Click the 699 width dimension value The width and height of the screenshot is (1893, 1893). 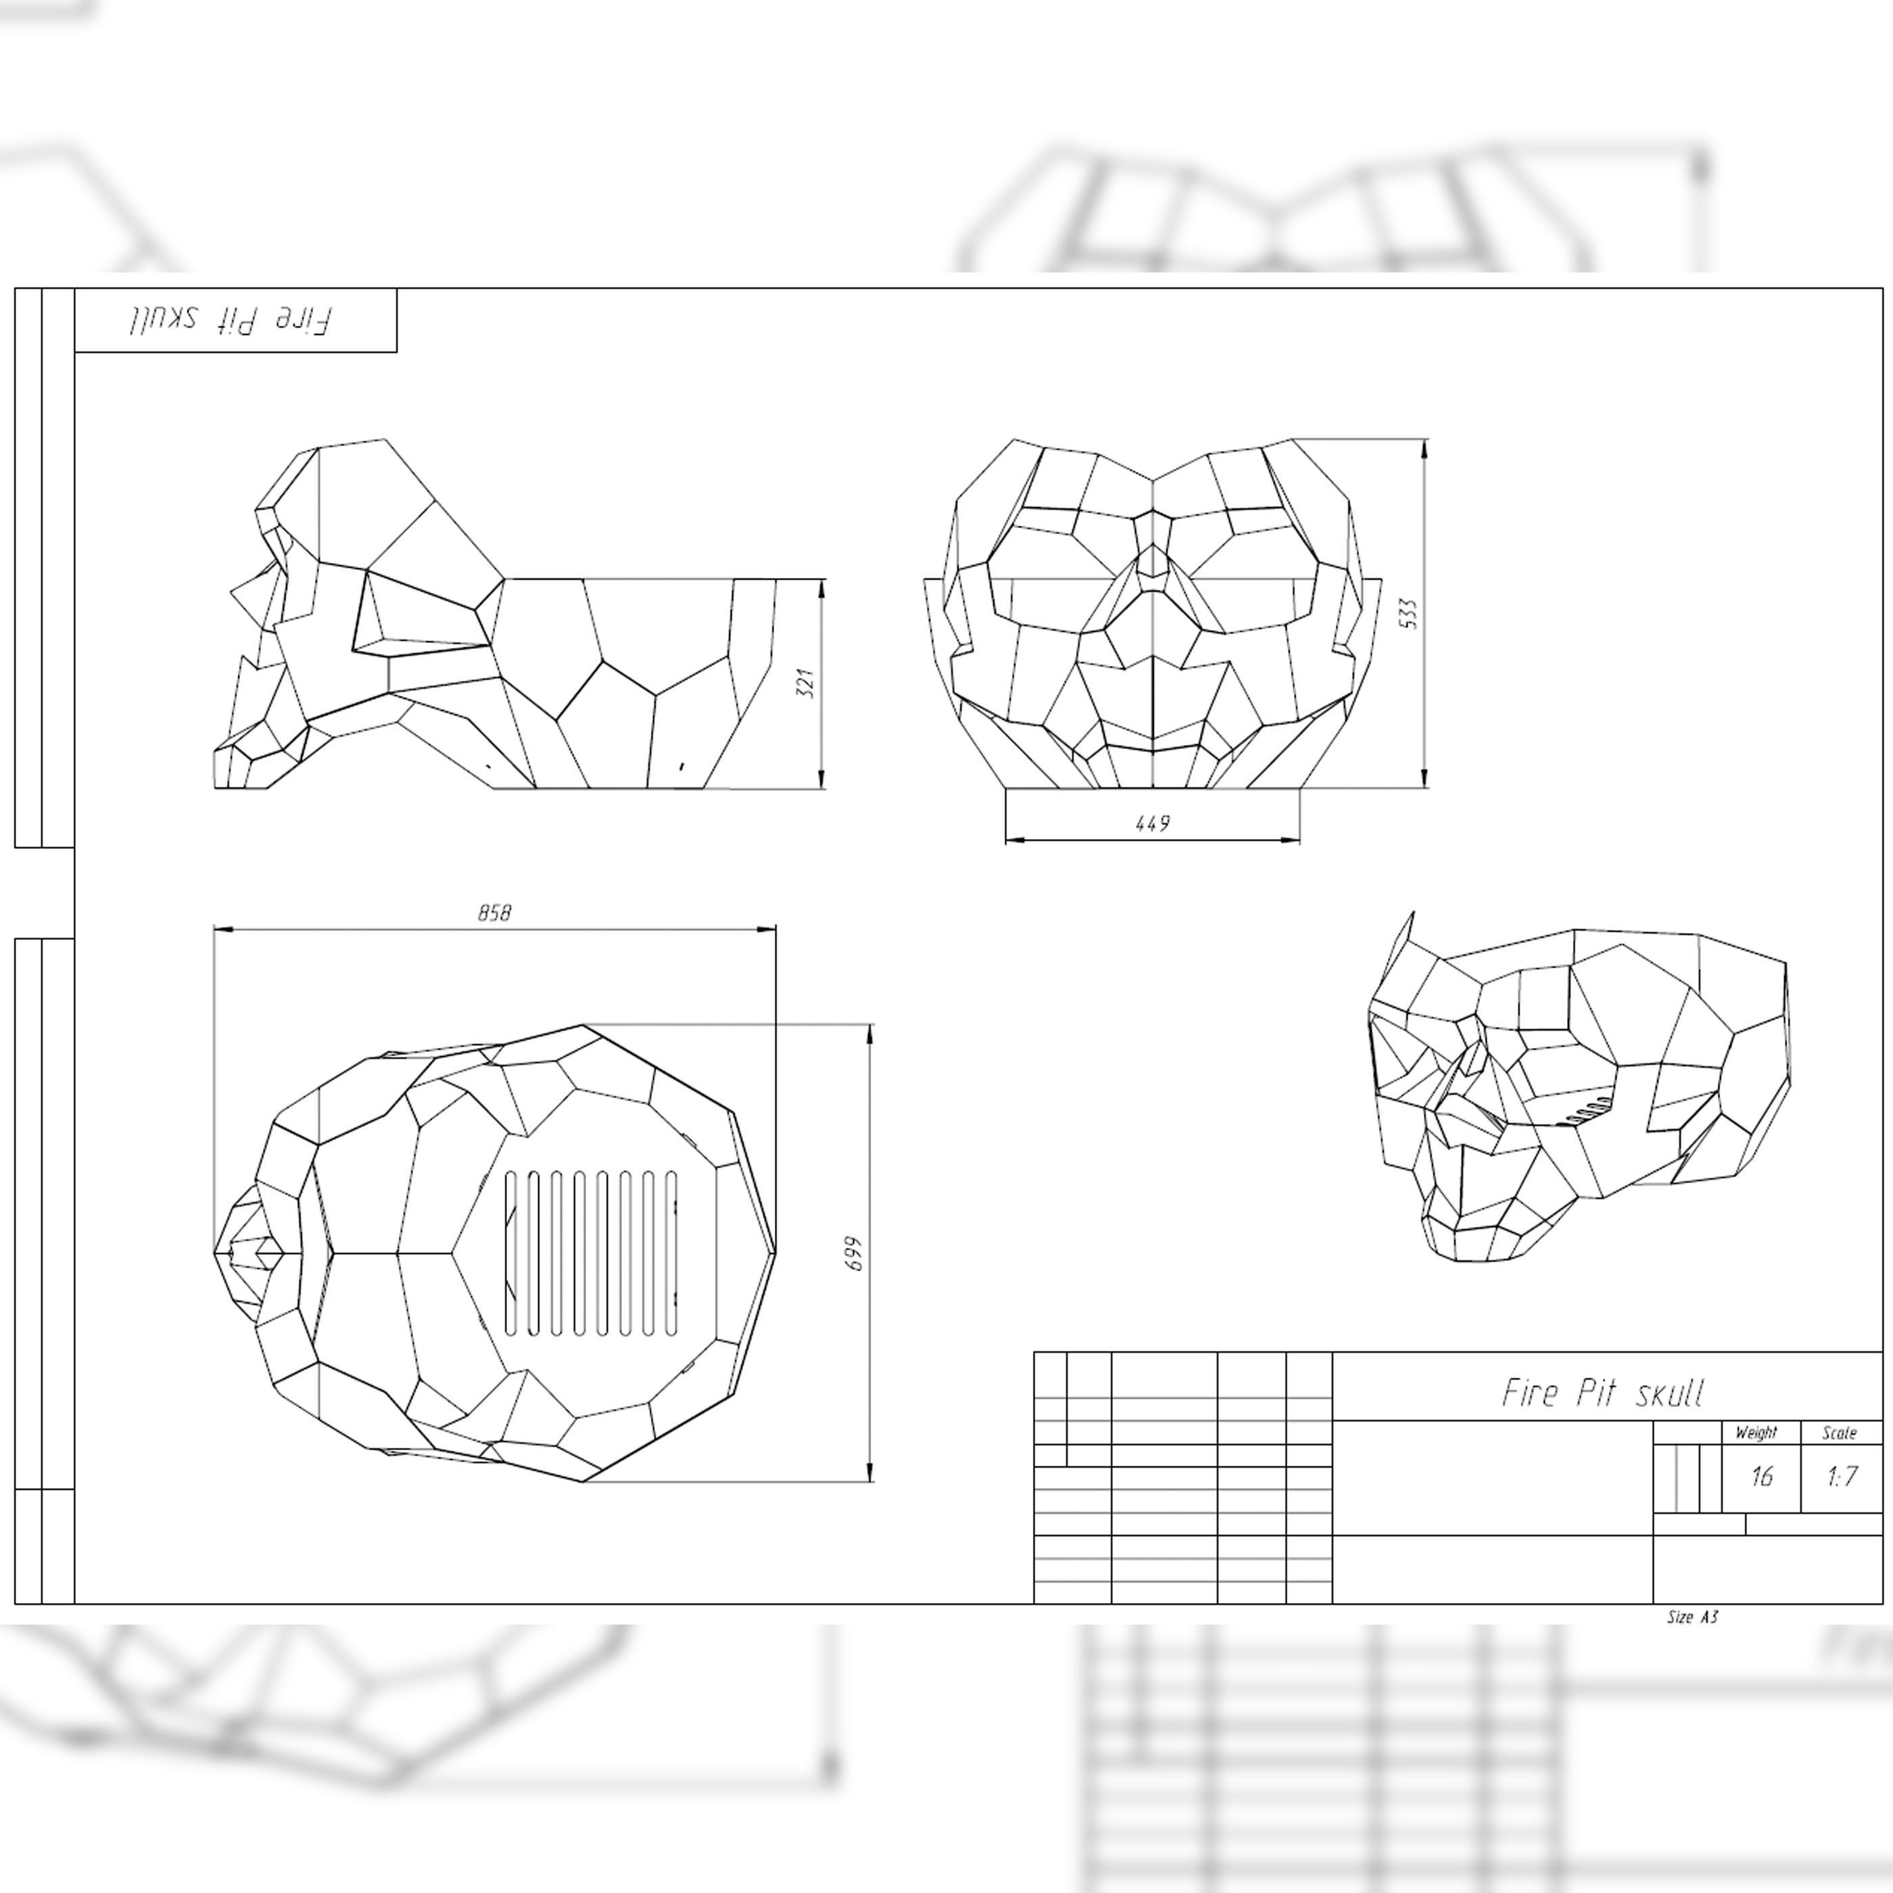pos(855,1253)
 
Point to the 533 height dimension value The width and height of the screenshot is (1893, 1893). pos(1409,613)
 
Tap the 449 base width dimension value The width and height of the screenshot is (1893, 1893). pos(1152,823)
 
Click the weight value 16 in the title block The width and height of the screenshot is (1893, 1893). pos(1760,1476)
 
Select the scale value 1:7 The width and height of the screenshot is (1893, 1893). pos(1842,1476)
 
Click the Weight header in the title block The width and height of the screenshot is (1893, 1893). pos(1756,1433)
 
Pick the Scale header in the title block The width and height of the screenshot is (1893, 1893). pos(1839,1433)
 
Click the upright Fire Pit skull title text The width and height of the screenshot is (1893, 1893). pos(1604,1392)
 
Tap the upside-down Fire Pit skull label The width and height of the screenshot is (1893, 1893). pos(231,319)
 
